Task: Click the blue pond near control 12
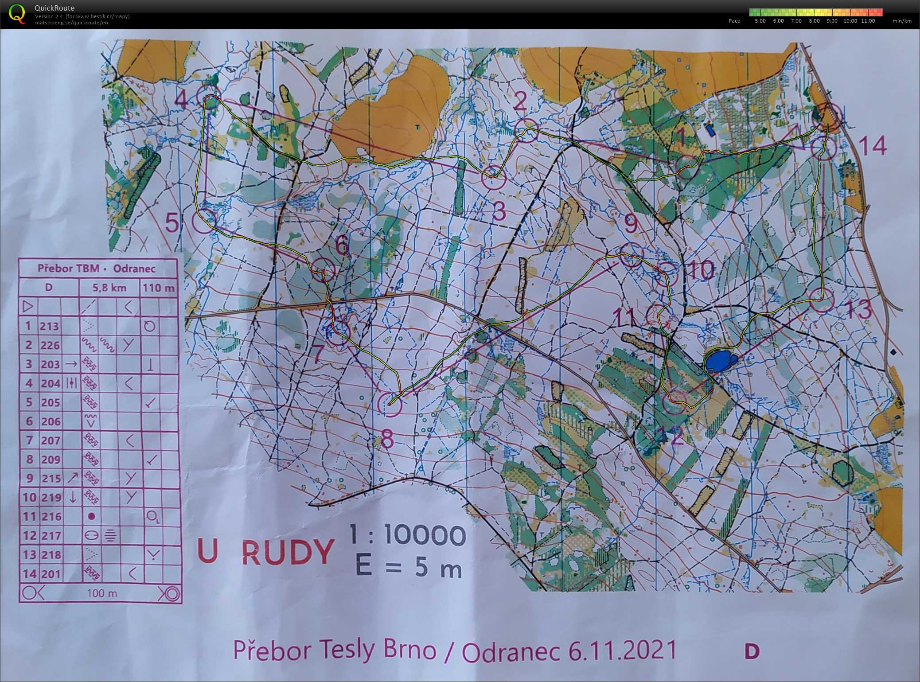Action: click(718, 361)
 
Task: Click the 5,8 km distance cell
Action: click(109, 288)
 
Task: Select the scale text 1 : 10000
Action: click(407, 535)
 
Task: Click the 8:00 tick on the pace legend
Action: click(814, 21)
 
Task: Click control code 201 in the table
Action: click(50, 574)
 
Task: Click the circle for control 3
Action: click(493, 178)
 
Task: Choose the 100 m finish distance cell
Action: click(102, 593)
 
